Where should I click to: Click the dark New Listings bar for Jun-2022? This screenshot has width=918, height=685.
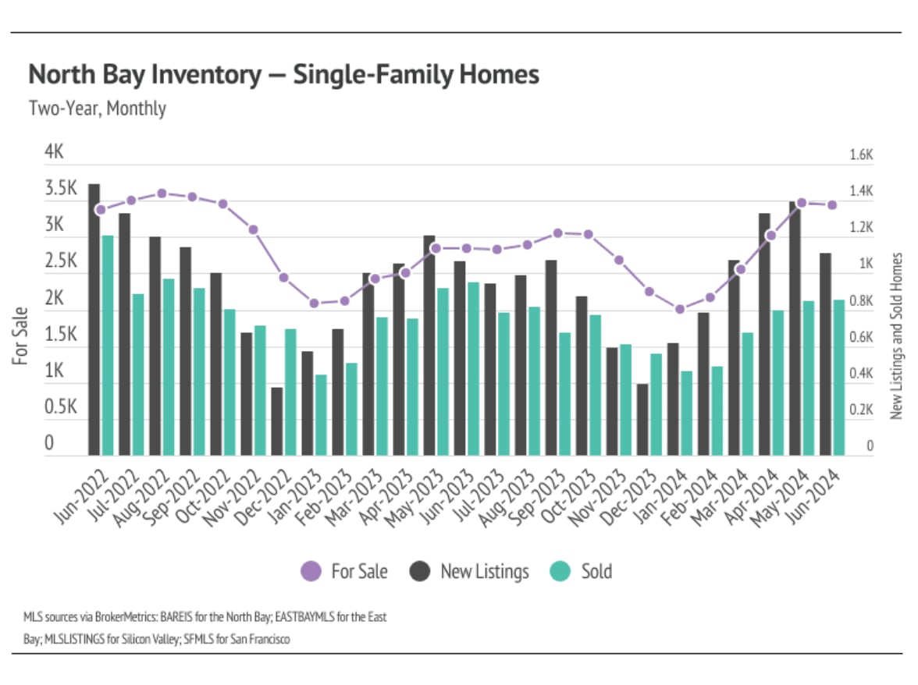coord(94,319)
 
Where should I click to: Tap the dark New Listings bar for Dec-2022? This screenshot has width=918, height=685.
coord(276,421)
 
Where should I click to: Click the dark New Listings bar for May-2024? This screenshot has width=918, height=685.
coord(795,328)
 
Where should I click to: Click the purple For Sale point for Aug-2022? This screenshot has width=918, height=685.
coord(162,193)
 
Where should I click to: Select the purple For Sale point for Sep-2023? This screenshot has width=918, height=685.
coord(557,232)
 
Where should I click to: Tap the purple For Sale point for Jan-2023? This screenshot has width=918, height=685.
coord(314,303)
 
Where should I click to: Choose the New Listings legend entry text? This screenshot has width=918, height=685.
coord(484,572)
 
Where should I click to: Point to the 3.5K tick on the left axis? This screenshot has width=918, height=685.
coord(61,188)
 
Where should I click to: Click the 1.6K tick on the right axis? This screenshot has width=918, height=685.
coord(860,156)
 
